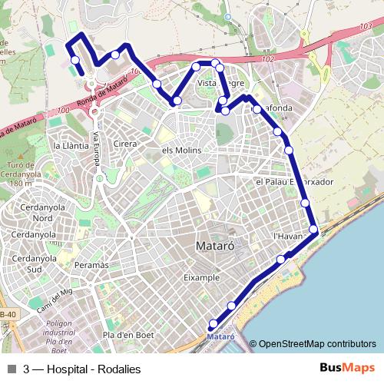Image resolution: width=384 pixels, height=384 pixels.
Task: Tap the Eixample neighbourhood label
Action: pyautogui.click(x=201, y=277)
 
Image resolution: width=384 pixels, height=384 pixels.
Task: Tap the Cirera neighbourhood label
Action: pyautogui.click(x=124, y=144)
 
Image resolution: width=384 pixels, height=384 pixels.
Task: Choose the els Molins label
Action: pyautogui.click(x=181, y=151)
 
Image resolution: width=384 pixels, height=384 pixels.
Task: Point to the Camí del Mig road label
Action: pyautogui.click(x=52, y=299)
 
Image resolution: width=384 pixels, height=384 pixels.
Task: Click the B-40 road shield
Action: pyautogui.click(x=7, y=315)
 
